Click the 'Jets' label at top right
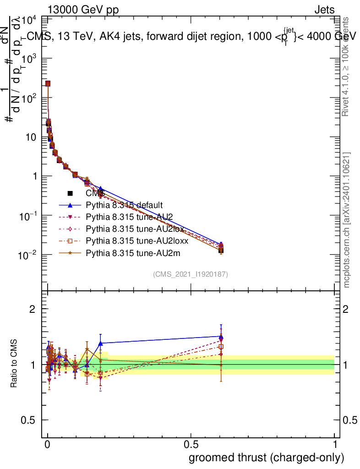(324, 10)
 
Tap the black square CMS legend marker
(70, 193)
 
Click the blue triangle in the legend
(70, 205)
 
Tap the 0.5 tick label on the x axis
(191, 445)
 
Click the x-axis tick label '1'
(334, 445)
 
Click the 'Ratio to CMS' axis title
(14, 365)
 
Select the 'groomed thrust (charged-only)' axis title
(266, 458)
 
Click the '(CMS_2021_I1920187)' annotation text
(191, 274)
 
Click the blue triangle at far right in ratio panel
(221, 336)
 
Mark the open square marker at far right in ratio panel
(221, 347)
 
